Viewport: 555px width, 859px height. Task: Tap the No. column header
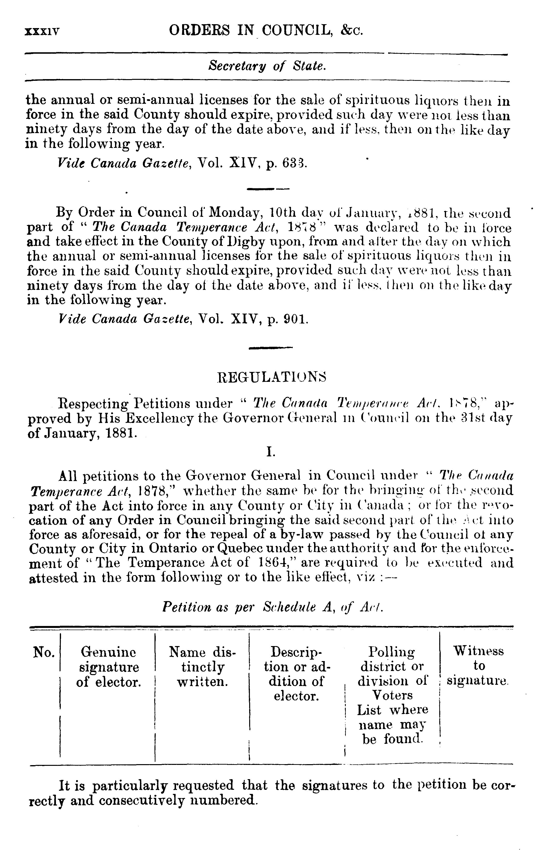[44, 652]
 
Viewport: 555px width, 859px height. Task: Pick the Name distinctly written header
[202, 667]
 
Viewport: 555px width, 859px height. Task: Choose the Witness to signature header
[478, 666]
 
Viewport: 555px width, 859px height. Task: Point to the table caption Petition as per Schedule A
[272, 607]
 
